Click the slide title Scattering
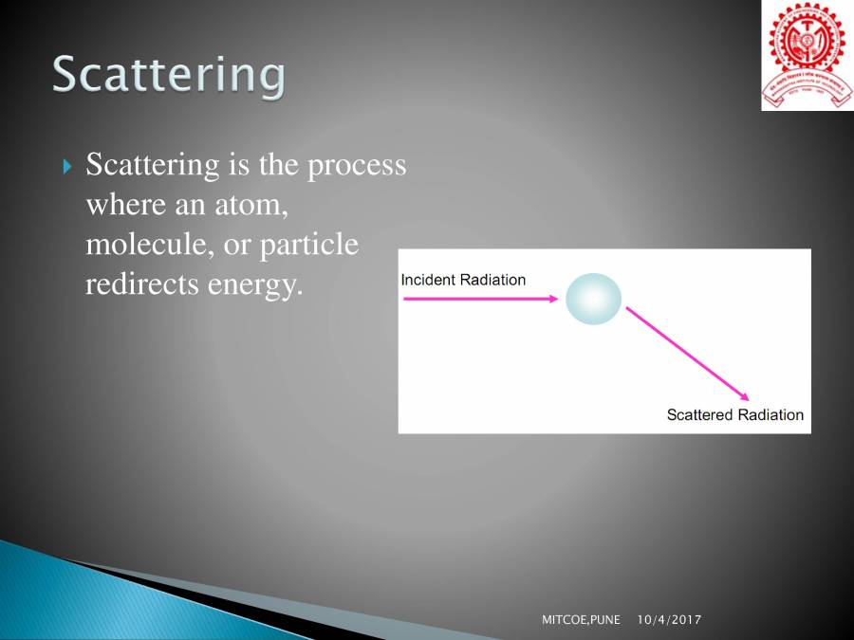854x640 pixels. (x=168, y=75)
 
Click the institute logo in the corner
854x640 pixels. (x=806, y=56)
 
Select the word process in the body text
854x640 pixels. (x=356, y=166)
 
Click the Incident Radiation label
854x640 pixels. (x=463, y=280)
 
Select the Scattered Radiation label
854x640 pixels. (x=734, y=414)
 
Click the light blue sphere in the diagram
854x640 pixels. (x=593, y=299)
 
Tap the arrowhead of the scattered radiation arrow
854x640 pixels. (x=747, y=397)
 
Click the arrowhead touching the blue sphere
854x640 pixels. (x=555, y=299)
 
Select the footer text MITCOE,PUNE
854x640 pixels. (x=581, y=619)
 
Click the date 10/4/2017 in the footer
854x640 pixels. (x=669, y=619)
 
